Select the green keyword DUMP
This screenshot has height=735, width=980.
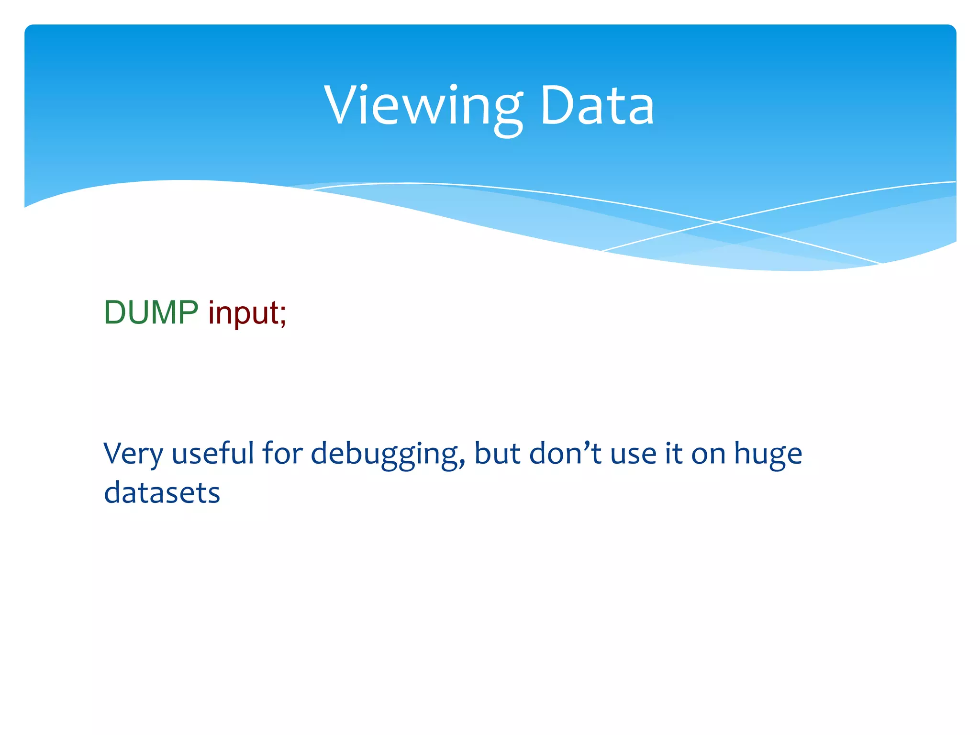click(x=151, y=312)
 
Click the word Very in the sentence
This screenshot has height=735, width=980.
click(x=133, y=454)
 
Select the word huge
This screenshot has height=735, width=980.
click(x=768, y=454)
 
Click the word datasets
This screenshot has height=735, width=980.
click(x=162, y=493)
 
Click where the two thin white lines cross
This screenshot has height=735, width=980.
click(x=716, y=222)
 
